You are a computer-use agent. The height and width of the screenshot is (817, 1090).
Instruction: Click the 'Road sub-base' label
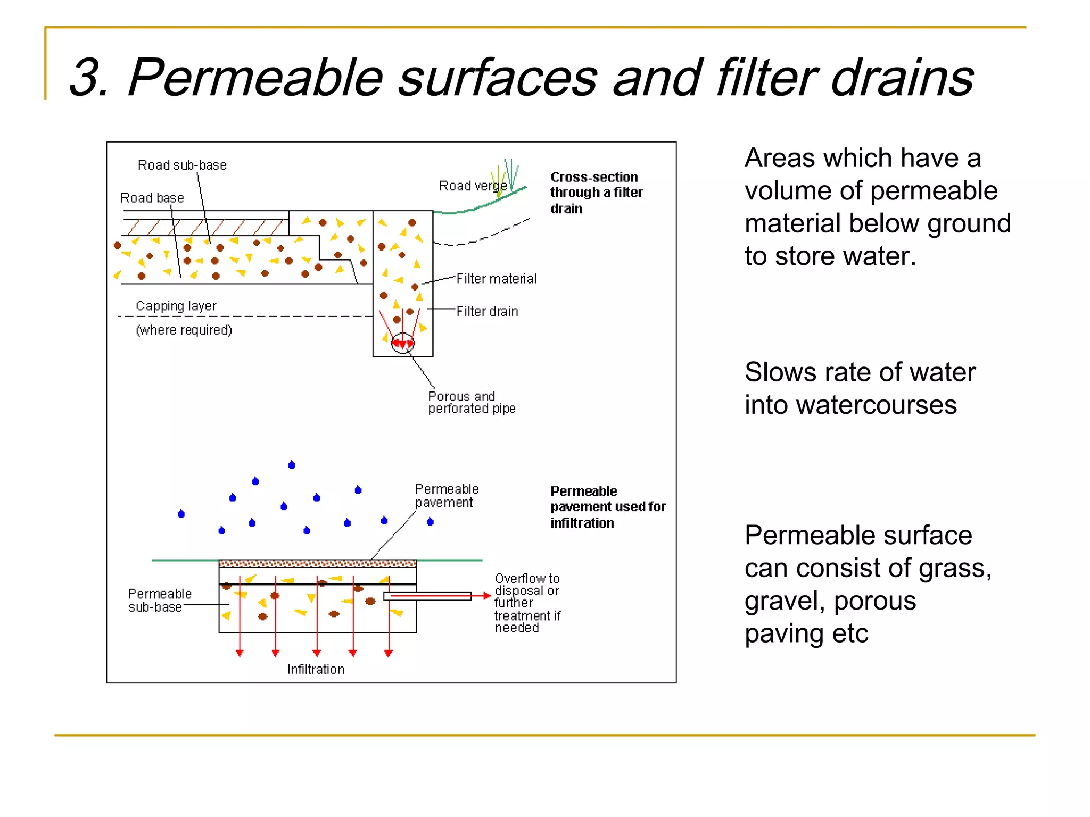click(x=182, y=165)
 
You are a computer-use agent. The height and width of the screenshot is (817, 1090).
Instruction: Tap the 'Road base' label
click(x=152, y=198)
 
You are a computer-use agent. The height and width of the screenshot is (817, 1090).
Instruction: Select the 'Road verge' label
click(x=472, y=186)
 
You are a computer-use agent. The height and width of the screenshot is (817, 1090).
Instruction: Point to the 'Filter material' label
click(x=496, y=279)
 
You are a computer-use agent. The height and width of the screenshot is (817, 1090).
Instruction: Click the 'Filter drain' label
click(x=487, y=311)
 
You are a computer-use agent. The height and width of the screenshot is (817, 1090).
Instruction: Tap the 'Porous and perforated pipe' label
click(x=471, y=403)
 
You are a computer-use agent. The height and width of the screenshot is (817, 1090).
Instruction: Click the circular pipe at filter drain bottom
click(x=402, y=343)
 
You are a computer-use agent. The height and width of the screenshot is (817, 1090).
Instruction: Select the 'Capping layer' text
click(x=176, y=306)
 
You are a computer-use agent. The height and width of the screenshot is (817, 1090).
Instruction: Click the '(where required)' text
click(x=184, y=330)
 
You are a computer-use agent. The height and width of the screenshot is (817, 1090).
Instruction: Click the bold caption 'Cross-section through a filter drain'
click(x=596, y=192)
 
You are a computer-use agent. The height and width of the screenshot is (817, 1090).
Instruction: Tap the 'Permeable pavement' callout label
click(x=447, y=496)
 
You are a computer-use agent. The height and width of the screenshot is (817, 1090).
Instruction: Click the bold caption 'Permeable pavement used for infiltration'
click(x=607, y=506)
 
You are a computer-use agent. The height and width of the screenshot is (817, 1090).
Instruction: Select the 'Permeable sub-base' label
click(x=159, y=601)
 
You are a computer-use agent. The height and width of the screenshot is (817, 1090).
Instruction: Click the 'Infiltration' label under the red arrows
click(x=316, y=669)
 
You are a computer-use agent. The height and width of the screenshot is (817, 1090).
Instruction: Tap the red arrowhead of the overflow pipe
click(x=486, y=596)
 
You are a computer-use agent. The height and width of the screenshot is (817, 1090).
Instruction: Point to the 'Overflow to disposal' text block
click(x=527, y=603)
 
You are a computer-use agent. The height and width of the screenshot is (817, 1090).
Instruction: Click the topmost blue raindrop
click(x=292, y=465)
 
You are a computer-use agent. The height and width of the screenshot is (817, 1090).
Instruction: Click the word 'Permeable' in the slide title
click(x=255, y=78)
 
